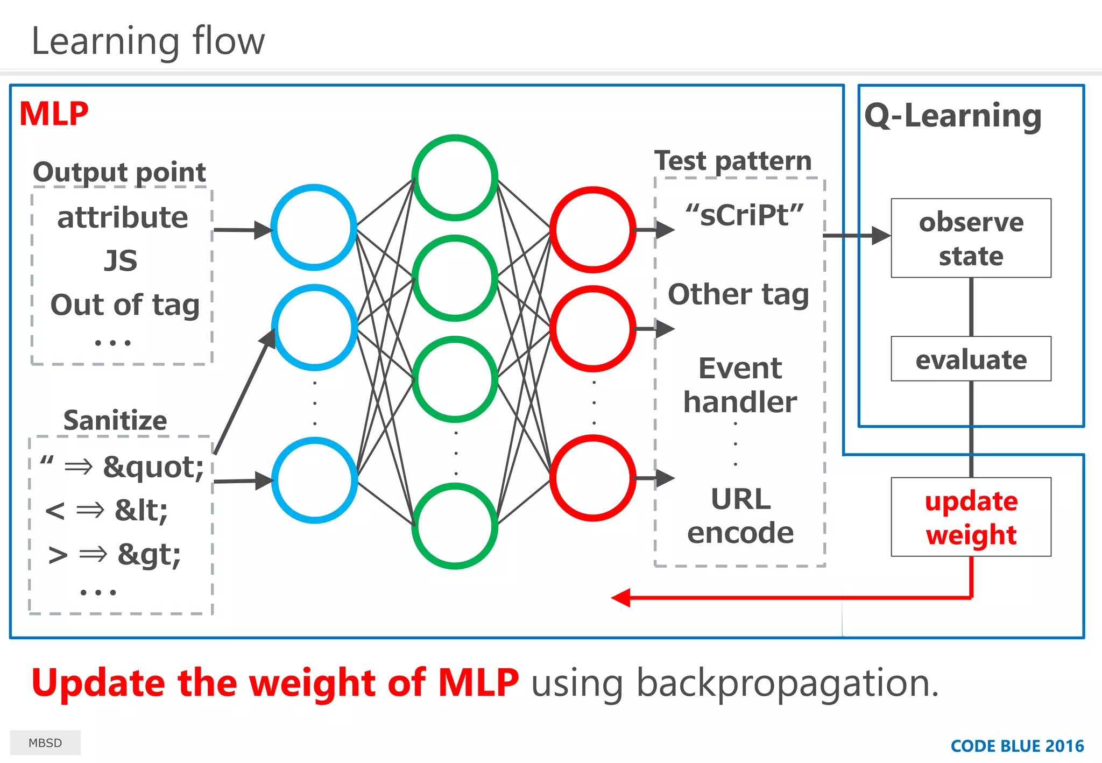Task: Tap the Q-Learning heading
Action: [953, 116]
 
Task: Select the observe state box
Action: [971, 238]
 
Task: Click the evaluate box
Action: [971, 359]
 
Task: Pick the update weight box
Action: [971, 517]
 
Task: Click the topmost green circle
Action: [455, 178]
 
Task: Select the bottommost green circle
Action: [455, 526]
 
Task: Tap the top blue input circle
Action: [314, 227]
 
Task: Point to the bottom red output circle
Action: [593, 478]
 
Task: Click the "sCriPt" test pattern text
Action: [744, 215]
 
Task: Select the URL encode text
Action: [740, 515]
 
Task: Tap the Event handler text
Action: [740, 385]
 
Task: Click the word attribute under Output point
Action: [123, 217]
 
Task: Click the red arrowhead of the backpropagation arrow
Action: [621, 597]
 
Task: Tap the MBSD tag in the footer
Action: [45, 743]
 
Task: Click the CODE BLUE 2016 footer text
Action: [1017, 746]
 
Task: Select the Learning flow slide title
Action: [148, 41]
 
